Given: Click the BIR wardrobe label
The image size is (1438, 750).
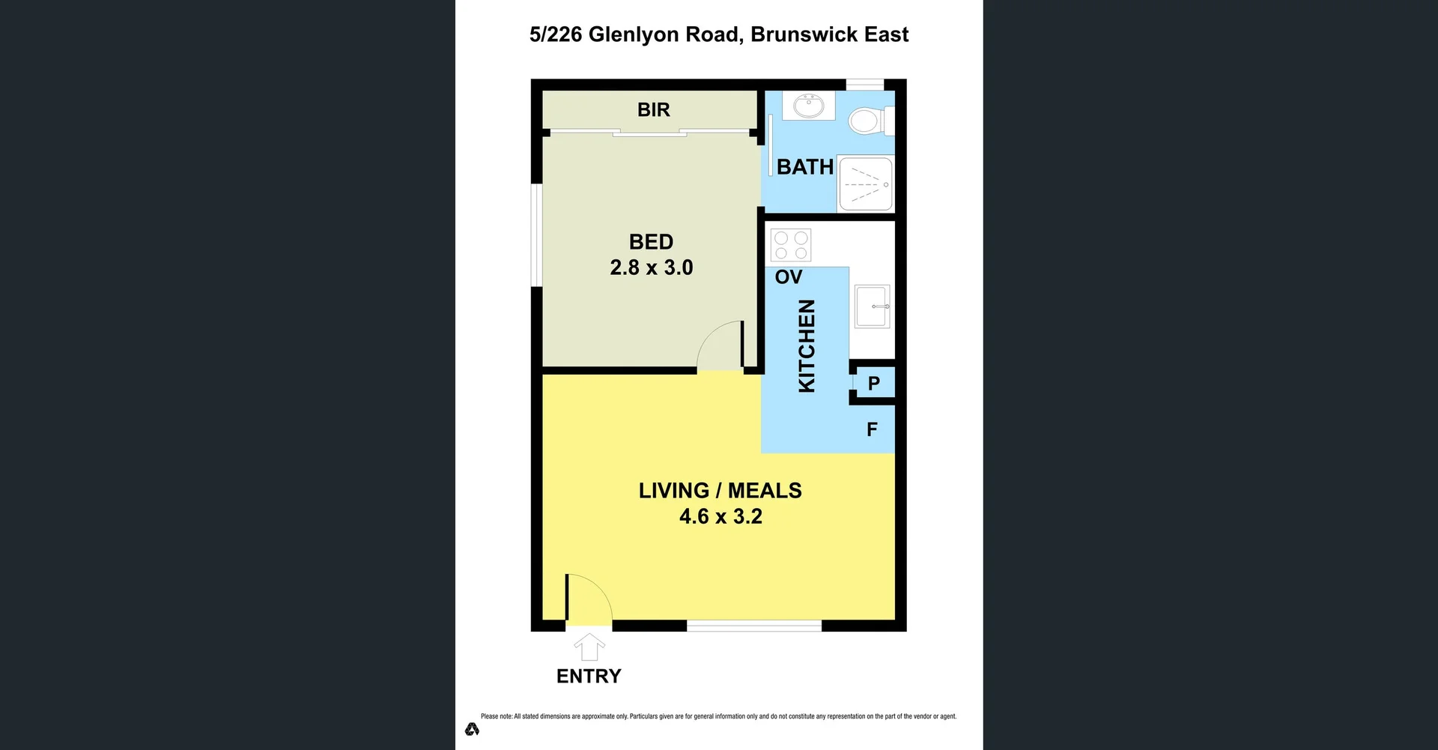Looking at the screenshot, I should [x=653, y=109].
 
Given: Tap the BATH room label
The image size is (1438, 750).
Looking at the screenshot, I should [x=804, y=166].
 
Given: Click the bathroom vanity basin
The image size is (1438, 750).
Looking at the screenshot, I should [x=808, y=106].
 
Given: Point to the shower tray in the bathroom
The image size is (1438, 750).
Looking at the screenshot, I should [x=865, y=184].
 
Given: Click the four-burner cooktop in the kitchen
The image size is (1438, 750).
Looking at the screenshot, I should [x=791, y=245].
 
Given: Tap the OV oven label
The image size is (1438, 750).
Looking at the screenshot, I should [x=788, y=277].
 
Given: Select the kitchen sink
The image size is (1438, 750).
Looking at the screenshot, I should [x=872, y=306].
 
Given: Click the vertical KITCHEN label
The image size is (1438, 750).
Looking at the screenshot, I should [x=807, y=345].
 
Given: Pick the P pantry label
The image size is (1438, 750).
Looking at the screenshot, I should [x=873, y=384].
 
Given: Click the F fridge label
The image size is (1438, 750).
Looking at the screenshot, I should [x=872, y=429].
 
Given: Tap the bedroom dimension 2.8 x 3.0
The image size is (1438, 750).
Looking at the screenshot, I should [x=651, y=267].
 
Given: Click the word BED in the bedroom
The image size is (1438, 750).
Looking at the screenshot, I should [x=651, y=242].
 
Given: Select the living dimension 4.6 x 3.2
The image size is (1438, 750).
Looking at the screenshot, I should [x=720, y=516].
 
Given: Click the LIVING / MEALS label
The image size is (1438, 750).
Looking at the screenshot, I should [x=720, y=491].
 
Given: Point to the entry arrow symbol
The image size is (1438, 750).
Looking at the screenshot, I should [x=589, y=647].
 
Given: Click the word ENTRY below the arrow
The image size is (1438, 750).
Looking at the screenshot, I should [x=589, y=677].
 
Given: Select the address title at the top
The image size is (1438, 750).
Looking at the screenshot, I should [x=719, y=34].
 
